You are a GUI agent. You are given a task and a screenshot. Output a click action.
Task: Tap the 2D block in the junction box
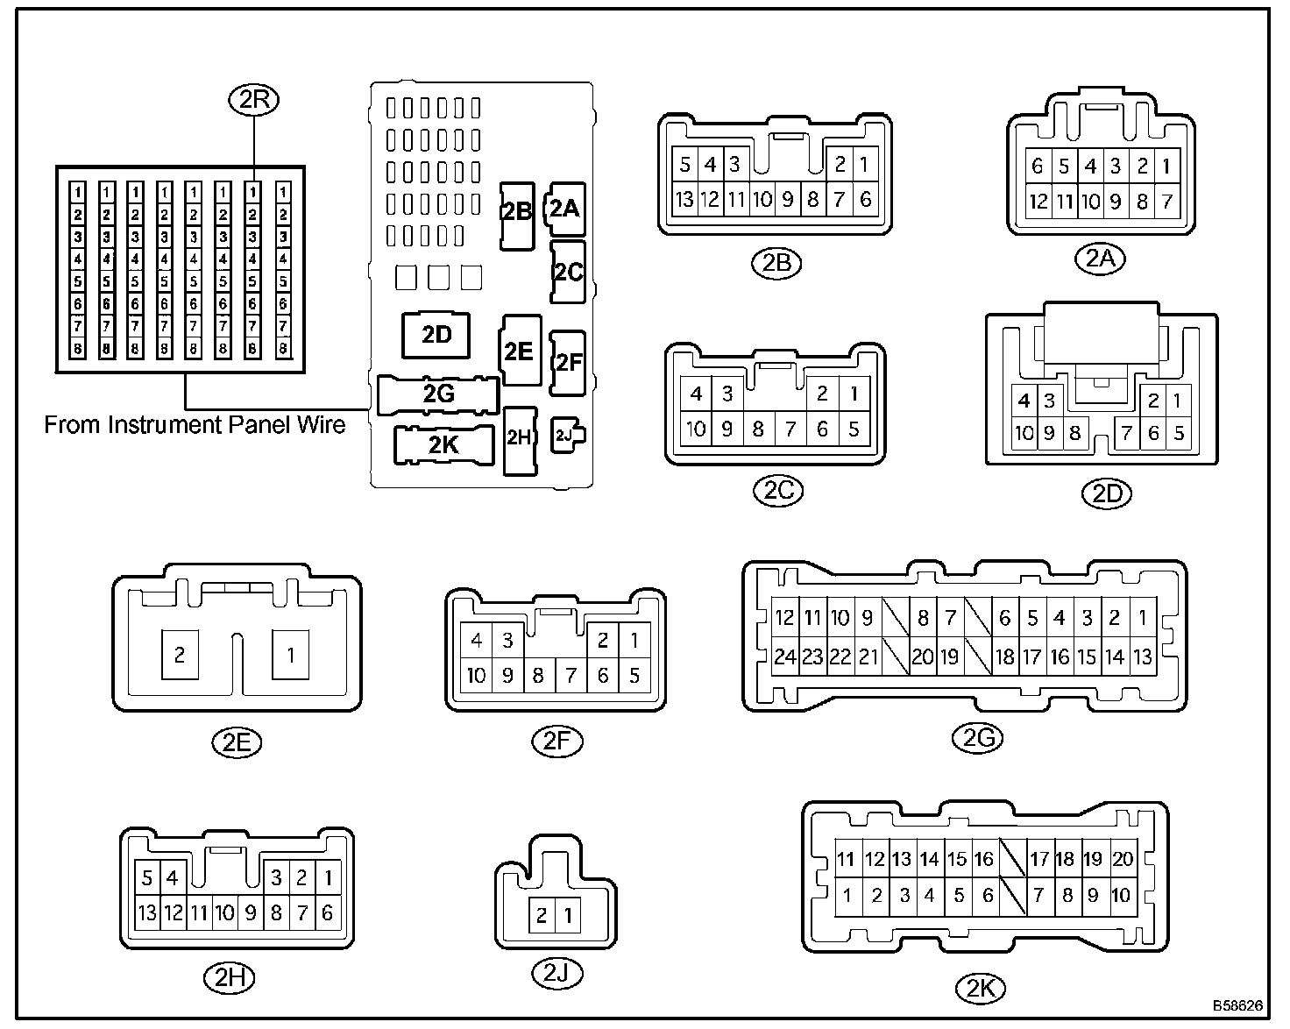tap(436, 336)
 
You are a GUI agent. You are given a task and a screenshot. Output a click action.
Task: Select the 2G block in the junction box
tap(438, 394)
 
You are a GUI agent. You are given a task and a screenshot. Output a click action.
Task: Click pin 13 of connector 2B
tap(684, 199)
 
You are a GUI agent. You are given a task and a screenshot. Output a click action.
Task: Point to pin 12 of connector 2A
tap(1038, 202)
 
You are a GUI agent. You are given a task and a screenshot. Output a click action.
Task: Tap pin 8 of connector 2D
tap(1075, 432)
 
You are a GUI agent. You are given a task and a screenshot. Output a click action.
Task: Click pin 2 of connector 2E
tap(180, 654)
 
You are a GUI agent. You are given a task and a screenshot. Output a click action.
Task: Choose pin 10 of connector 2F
tap(476, 675)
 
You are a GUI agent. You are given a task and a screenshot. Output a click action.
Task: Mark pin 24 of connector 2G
tap(784, 656)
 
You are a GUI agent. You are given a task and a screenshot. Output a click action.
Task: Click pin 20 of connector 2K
tap(1123, 859)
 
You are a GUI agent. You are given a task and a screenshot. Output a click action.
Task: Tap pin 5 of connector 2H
tap(147, 876)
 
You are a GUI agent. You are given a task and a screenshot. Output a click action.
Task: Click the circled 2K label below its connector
tap(980, 989)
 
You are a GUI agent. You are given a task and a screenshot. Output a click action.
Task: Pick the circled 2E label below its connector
tap(237, 742)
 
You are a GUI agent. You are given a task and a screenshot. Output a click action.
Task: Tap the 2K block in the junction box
tap(443, 444)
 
